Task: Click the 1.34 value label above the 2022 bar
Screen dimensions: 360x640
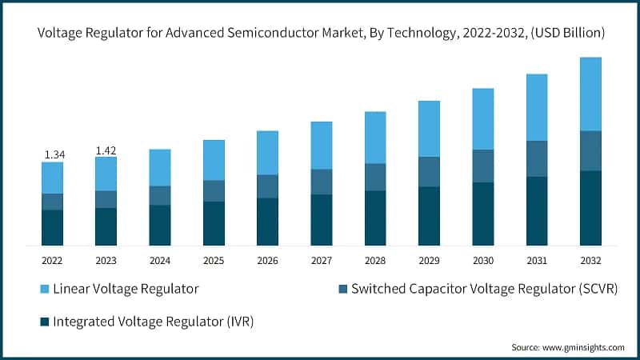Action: [x=52, y=154]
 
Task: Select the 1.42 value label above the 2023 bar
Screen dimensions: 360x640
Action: [x=106, y=150]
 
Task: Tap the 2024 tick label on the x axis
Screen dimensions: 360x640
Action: [x=159, y=260]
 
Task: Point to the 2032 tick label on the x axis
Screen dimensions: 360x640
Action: [x=590, y=260]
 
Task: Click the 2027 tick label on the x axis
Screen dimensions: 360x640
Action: [x=321, y=260]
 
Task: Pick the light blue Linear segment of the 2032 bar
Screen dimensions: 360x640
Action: [x=590, y=94]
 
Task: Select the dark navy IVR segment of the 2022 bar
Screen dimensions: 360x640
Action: [x=52, y=227]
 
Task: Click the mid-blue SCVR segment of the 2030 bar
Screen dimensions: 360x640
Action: [x=482, y=166]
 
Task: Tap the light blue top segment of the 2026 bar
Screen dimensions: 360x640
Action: [x=267, y=152]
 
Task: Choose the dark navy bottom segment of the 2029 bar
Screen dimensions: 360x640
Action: [x=429, y=216]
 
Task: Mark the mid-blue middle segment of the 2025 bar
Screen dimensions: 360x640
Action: [x=214, y=190]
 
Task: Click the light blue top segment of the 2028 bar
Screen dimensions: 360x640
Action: [x=375, y=138]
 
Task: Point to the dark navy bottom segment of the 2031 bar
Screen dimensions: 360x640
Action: [x=537, y=210]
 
